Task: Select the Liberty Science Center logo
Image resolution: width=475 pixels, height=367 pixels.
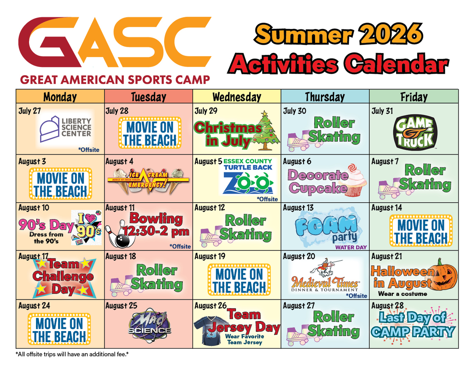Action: (65, 129)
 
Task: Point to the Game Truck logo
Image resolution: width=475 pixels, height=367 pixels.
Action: (415, 132)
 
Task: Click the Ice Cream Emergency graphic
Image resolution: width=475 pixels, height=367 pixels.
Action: (148, 181)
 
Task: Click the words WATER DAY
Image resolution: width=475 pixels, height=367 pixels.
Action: (351, 247)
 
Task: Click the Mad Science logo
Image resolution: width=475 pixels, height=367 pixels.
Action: (150, 325)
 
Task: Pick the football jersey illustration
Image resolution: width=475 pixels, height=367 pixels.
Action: (209, 331)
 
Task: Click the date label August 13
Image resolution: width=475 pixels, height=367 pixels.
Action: (298, 208)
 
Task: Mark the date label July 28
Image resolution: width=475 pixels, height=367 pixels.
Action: (117, 111)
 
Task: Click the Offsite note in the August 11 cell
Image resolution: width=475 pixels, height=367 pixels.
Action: (180, 247)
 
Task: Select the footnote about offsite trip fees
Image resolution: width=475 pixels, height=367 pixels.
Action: (72, 354)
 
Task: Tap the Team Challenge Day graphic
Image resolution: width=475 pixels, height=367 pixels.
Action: (64, 277)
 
